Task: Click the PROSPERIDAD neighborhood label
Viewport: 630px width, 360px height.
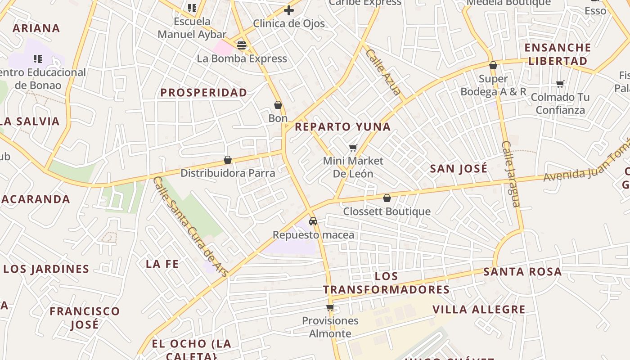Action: click(204, 93)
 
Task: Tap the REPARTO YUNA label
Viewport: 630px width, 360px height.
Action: click(342, 127)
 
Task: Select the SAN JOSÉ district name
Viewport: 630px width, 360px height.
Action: click(459, 169)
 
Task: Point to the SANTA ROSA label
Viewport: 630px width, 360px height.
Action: click(522, 272)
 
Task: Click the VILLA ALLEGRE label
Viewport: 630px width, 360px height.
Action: click(479, 310)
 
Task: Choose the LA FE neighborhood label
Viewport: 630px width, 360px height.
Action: click(162, 264)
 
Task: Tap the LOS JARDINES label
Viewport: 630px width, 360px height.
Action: click(46, 269)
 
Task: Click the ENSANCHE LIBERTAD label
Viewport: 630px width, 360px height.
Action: click(558, 54)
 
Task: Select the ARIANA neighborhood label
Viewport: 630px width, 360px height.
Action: click(36, 28)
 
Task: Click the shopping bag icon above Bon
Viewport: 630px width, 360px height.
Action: click(278, 105)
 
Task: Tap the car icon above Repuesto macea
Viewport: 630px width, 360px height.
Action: click(313, 221)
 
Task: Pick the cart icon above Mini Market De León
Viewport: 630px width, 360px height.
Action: click(353, 148)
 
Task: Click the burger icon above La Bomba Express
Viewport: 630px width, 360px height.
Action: click(242, 45)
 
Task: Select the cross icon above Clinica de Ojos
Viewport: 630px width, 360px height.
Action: click(289, 10)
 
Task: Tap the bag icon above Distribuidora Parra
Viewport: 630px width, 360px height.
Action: click(228, 160)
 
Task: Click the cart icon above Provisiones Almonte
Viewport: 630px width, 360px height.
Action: click(330, 308)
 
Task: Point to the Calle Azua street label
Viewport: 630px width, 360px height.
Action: click(383, 72)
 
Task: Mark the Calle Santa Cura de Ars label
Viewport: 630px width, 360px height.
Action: click(191, 226)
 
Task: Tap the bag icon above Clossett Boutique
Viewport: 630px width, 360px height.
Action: click(387, 198)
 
